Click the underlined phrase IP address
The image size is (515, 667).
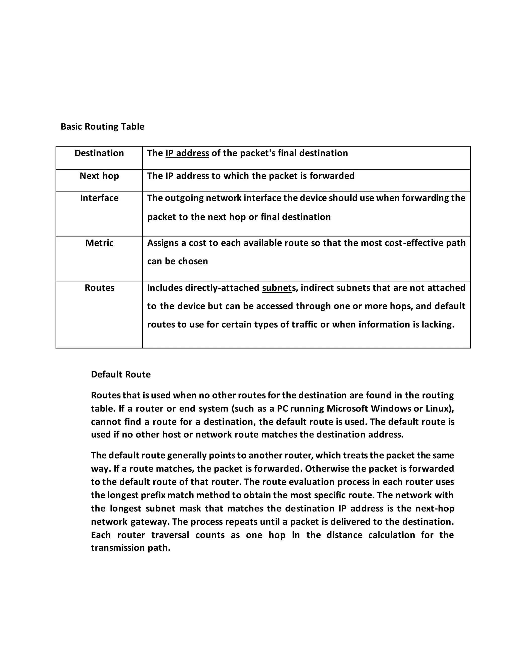(x=187, y=153)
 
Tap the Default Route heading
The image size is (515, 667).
(x=120, y=375)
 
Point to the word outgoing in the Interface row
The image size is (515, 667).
(x=184, y=198)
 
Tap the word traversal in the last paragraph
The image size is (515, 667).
(x=170, y=535)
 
